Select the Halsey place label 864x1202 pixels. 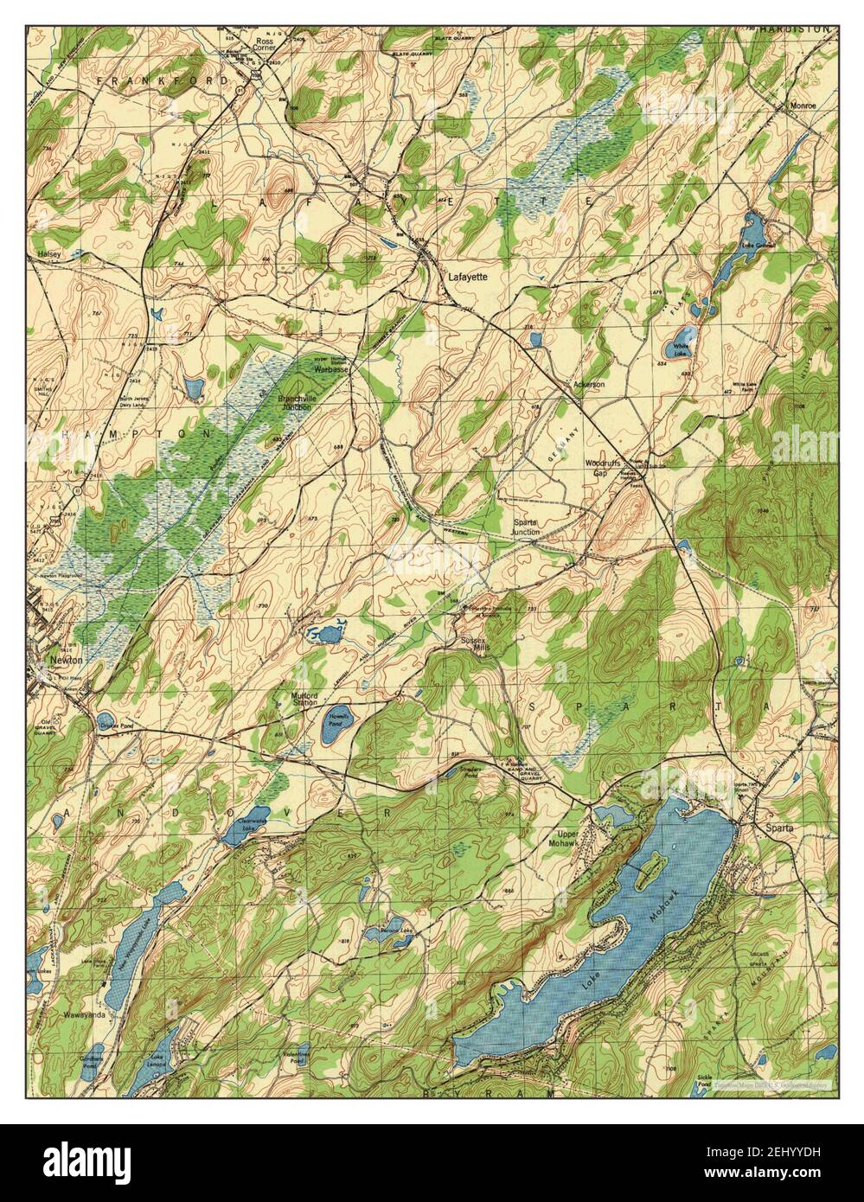point(48,254)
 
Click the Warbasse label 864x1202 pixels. point(330,369)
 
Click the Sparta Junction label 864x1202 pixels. point(526,527)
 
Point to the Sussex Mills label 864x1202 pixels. point(475,645)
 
